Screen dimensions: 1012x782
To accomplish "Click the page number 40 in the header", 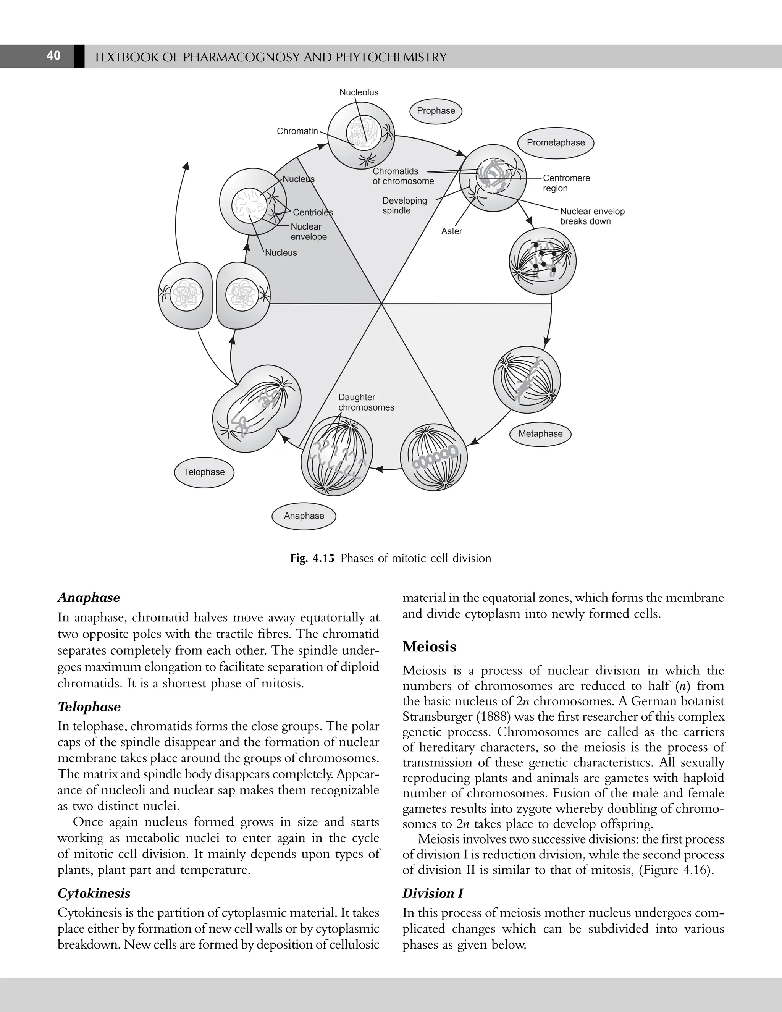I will click(x=54, y=56).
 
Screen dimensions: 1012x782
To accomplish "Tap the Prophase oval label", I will click(x=436, y=111).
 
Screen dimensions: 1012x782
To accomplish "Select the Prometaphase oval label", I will click(x=556, y=143).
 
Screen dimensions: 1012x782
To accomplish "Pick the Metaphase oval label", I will click(x=540, y=434).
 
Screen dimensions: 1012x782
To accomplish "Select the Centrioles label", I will click(x=313, y=213).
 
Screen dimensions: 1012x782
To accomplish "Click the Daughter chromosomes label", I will click(x=366, y=403).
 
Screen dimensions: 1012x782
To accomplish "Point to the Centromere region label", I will click(x=566, y=183).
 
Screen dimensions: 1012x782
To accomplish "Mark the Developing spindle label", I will click(x=404, y=206).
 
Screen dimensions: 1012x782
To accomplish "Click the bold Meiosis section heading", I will click(x=430, y=647).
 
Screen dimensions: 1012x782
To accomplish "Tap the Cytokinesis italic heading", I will click(x=94, y=893).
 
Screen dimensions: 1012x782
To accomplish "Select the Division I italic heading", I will click(x=433, y=893).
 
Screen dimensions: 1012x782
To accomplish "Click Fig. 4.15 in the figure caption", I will click(x=312, y=558).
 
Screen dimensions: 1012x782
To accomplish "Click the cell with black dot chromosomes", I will click(x=543, y=261).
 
